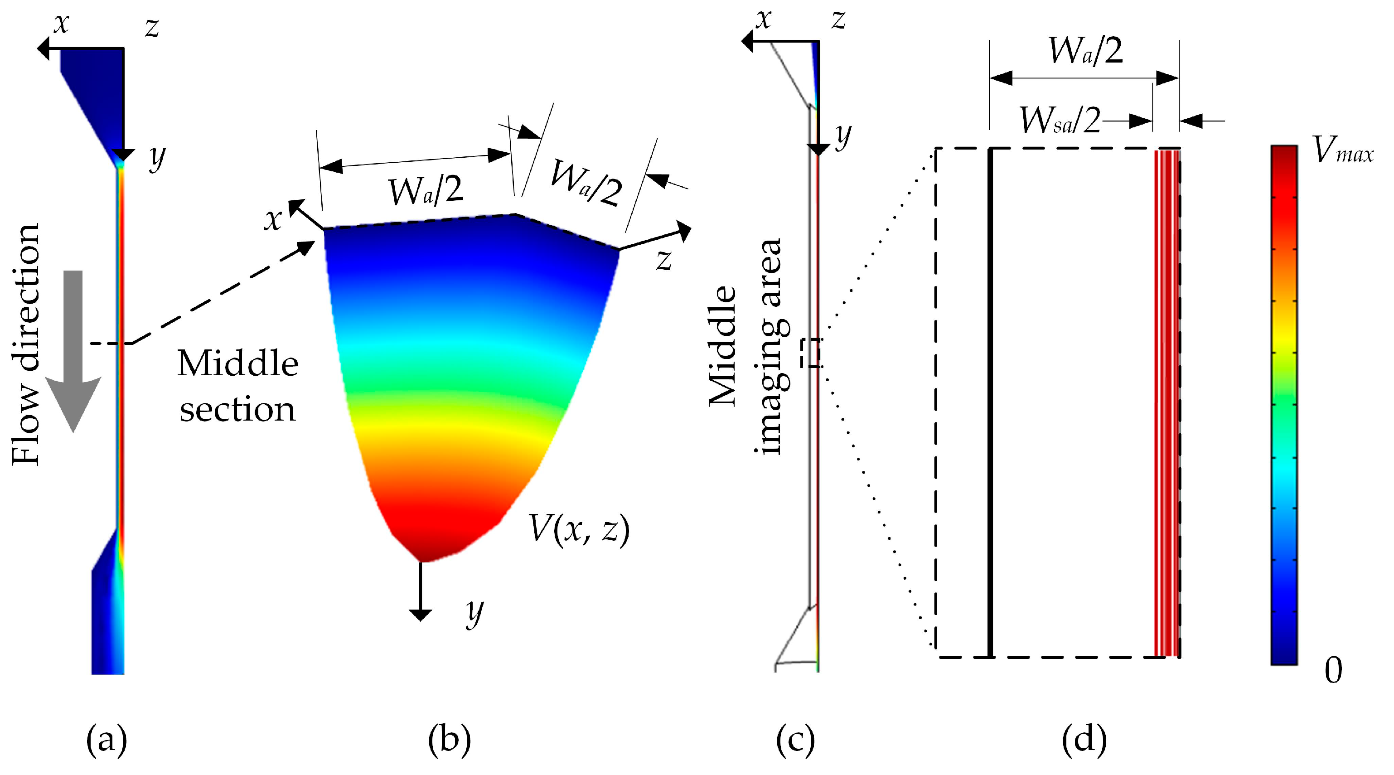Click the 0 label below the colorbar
pyautogui.click(x=1333, y=671)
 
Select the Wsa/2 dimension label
pyautogui.click(x=1060, y=120)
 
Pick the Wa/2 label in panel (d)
pyautogui.click(x=1085, y=51)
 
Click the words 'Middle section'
pyautogui.click(x=237, y=385)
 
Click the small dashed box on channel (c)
pyautogui.click(x=814, y=353)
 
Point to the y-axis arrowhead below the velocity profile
pyautogui.click(x=421, y=615)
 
